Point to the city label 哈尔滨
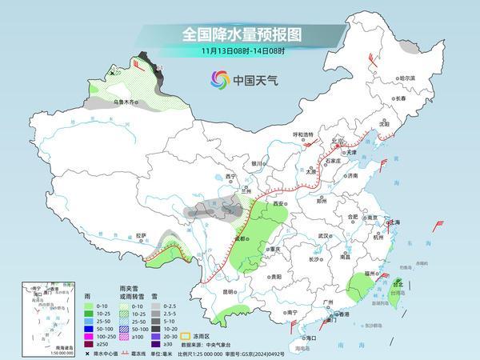[x=408, y=78]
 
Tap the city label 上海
[x=392, y=222]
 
